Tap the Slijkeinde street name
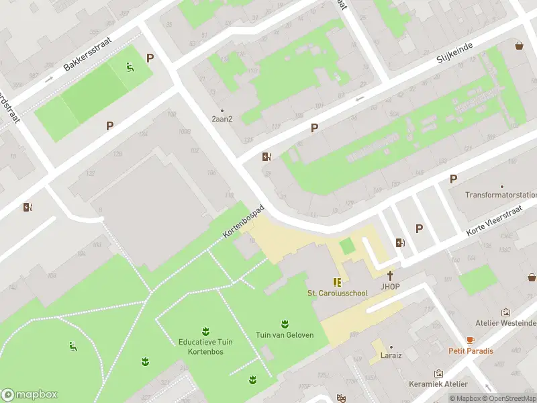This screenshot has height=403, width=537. tap(455, 52)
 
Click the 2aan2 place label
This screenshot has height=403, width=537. tap(222, 119)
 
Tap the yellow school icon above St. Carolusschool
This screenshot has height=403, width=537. tap(337, 282)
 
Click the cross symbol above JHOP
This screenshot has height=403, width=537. tap(390, 275)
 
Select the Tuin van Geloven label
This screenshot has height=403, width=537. tap(284, 335)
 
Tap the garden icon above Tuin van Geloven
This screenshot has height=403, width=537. tap(284, 324)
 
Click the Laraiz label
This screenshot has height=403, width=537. tap(391, 355)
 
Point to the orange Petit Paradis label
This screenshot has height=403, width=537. tap(471, 351)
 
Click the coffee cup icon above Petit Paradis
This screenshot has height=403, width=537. tap(471, 340)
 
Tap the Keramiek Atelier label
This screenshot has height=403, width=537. tap(438, 384)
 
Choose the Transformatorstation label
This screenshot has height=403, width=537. tap(501, 195)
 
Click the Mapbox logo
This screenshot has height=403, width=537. tap(30, 394)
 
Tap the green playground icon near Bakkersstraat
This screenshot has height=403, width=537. tap(130, 66)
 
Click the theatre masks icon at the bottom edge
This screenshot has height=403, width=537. tap(341, 398)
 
